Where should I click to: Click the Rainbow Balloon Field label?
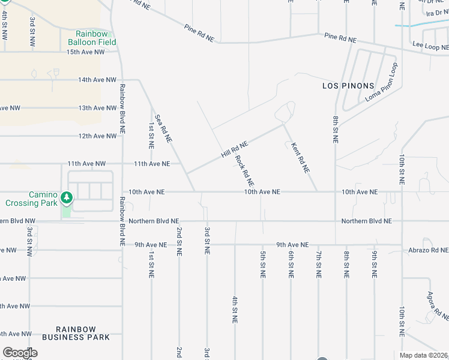(95, 38)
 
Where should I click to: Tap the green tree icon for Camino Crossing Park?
(67, 196)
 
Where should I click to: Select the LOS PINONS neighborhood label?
(348, 86)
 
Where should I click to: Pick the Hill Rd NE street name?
(235, 146)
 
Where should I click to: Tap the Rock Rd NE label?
(245, 171)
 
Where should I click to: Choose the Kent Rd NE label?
(300, 158)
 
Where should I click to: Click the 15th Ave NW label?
(85, 52)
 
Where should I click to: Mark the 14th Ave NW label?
(97, 80)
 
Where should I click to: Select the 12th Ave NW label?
(97, 136)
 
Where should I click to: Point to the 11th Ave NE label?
(152, 164)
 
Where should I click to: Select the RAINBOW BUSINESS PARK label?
(83, 333)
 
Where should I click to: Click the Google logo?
(20, 353)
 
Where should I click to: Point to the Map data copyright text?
(423, 355)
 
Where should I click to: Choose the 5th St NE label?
(262, 264)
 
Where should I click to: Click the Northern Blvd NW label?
(18, 221)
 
